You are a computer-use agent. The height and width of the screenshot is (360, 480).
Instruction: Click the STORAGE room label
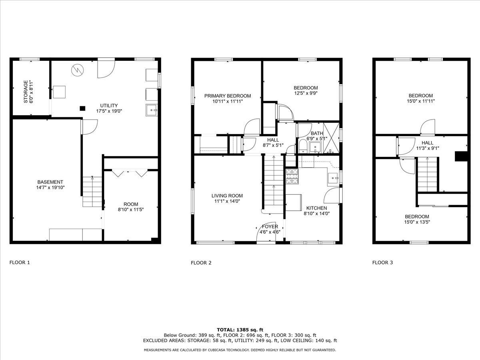click(26, 92)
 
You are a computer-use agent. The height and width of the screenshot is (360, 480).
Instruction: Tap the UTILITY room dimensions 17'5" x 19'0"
click(109, 111)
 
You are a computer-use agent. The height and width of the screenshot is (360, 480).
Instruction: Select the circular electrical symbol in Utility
click(78, 70)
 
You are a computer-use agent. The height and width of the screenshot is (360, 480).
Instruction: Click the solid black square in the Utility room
click(82, 108)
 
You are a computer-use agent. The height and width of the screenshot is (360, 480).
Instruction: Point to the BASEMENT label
click(50, 182)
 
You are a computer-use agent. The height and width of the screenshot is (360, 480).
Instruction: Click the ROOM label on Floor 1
click(131, 204)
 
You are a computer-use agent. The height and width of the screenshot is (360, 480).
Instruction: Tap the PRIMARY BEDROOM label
click(228, 96)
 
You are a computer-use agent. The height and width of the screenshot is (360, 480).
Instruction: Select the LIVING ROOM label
click(227, 196)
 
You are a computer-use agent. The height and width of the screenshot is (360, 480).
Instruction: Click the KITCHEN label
click(316, 208)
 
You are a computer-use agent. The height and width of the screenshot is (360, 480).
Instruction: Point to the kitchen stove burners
click(292, 176)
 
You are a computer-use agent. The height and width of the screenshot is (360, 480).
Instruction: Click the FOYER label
click(270, 226)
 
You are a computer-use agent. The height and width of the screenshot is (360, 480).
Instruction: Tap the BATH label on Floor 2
click(317, 133)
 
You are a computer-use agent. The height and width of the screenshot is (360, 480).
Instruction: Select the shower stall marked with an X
click(331, 138)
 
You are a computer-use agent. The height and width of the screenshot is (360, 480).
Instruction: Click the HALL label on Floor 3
click(427, 143)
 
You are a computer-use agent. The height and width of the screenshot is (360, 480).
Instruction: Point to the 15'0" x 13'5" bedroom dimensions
click(417, 222)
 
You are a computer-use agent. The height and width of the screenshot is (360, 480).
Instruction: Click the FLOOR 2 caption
click(201, 263)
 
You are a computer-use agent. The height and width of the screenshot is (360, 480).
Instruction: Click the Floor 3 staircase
click(427, 174)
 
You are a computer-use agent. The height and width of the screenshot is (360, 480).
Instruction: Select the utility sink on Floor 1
click(152, 110)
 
